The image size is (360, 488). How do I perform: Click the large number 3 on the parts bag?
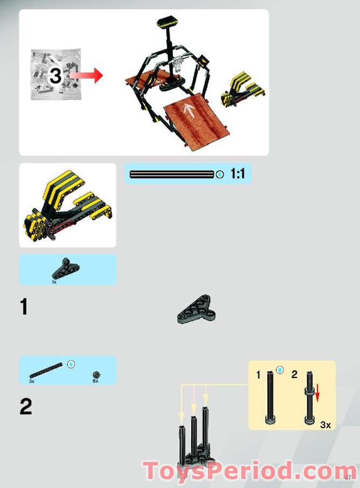[56, 76]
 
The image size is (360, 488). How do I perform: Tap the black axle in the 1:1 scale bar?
[172, 174]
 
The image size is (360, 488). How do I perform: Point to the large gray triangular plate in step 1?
[196, 310]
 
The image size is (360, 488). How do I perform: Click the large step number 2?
[25, 407]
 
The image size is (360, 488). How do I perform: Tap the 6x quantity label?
[95, 381]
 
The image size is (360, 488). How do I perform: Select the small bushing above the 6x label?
[96, 374]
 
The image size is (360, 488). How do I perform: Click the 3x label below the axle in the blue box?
[32, 381]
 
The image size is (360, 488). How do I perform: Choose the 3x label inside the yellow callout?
[325, 424]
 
